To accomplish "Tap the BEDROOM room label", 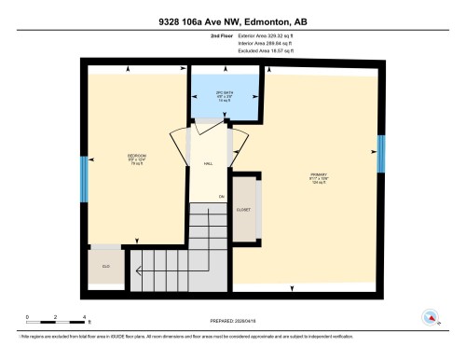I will pyautogui.click(x=137, y=157).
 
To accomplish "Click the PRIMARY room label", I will pyautogui.click(x=319, y=176).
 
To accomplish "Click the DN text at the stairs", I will pyautogui.click(x=222, y=198).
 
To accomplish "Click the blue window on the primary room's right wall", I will pyautogui.click(x=380, y=154).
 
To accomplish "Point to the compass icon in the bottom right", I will pyautogui.click(x=430, y=318).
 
